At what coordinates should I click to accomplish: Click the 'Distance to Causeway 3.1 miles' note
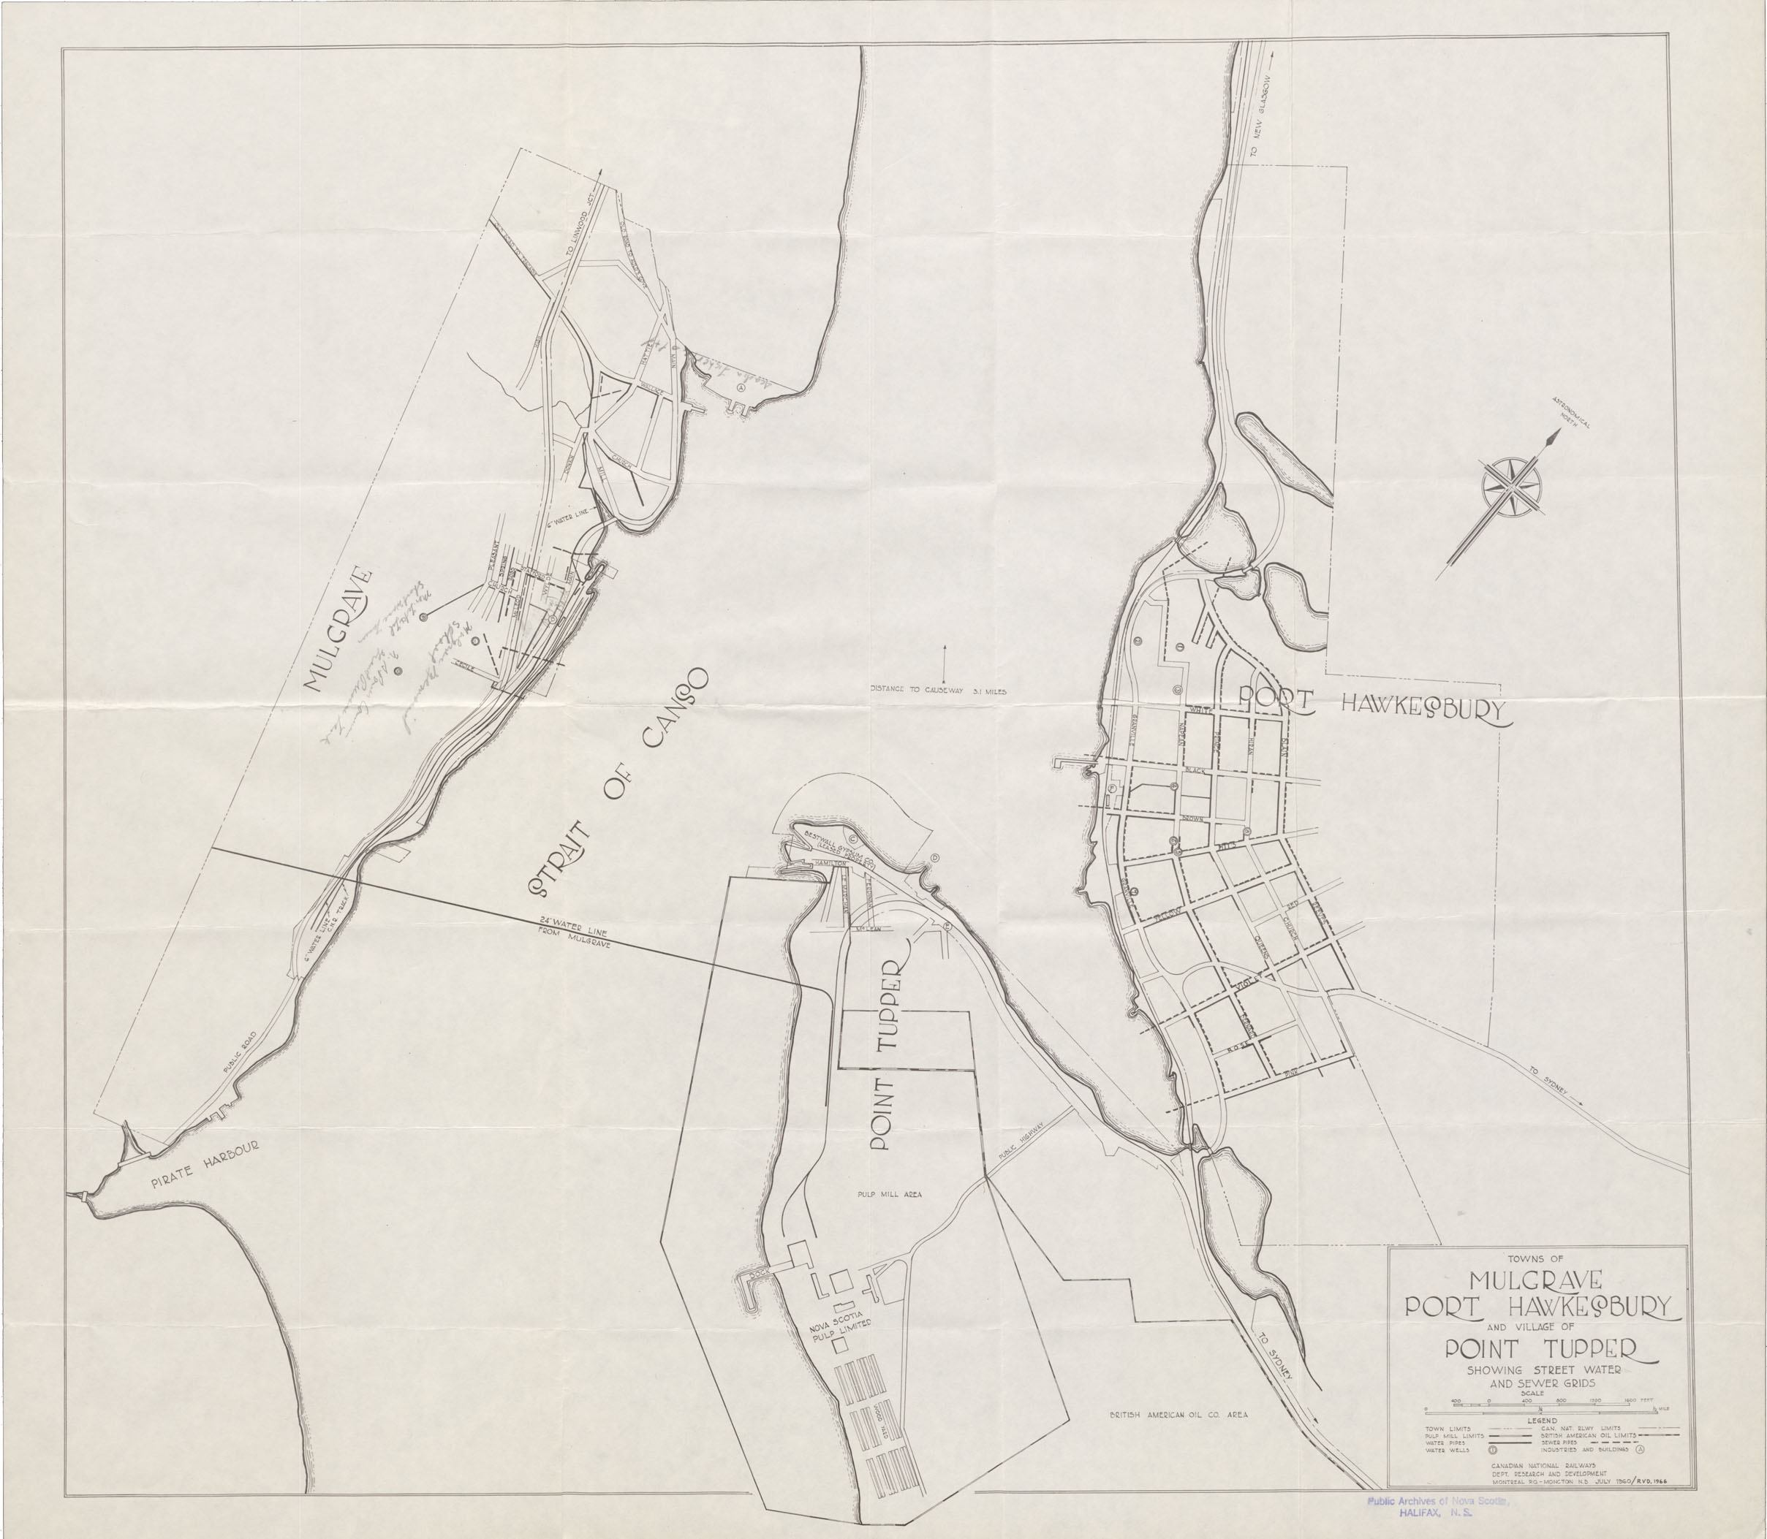pos(938,690)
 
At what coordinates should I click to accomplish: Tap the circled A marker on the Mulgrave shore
pos(740,387)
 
